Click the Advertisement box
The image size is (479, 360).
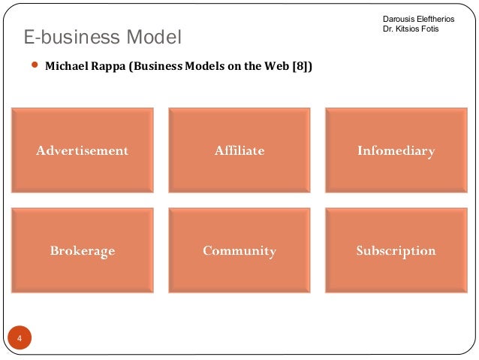83,150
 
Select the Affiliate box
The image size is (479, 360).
239,150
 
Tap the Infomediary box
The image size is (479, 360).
396,150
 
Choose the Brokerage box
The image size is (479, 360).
83,250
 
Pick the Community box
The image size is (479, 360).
239,250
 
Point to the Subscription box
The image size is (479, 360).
396,250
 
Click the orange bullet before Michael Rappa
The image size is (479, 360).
34,65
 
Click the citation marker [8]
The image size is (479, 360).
300,66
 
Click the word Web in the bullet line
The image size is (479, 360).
276,66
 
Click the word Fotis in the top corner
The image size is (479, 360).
430,29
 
